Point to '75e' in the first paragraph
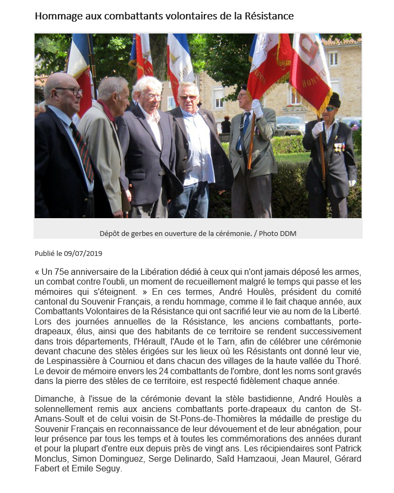(70, 271)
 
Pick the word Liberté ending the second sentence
(344, 312)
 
